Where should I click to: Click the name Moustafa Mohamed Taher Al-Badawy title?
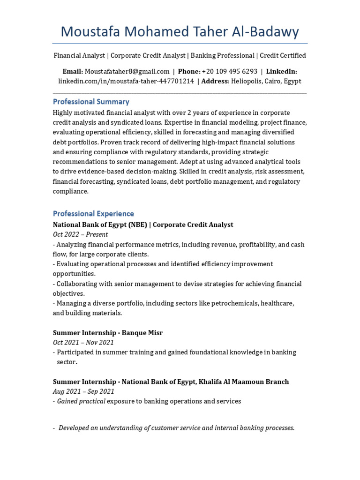(180, 31)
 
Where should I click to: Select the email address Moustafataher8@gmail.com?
(127, 71)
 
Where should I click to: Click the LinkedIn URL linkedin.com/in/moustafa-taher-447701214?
(126, 81)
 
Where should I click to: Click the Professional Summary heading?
(91, 102)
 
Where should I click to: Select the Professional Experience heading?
(93, 214)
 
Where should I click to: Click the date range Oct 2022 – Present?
(80, 234)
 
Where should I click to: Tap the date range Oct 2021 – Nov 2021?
(83, 342)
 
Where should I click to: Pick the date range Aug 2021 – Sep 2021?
(83, 391)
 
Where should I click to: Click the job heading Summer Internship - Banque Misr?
(107, 332)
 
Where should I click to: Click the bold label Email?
(73, 71)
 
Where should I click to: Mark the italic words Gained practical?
(81, 401)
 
